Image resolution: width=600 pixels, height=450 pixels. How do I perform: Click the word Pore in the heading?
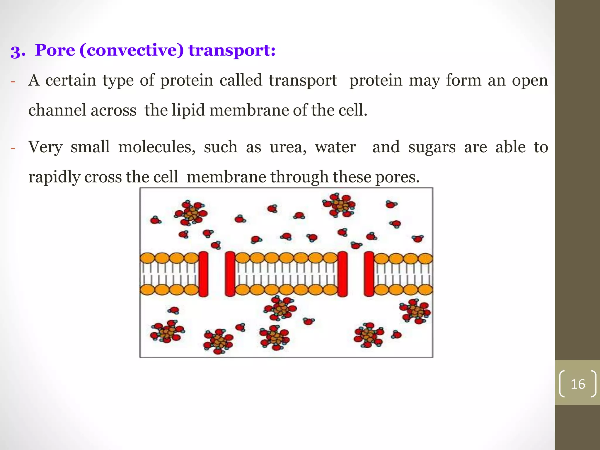55,50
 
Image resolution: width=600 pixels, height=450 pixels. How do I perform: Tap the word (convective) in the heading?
131,50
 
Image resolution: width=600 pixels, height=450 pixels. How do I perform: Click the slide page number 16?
578,384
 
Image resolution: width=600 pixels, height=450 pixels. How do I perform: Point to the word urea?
288,147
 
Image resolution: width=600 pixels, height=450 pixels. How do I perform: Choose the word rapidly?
54,177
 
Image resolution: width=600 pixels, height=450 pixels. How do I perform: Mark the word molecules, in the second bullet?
157,147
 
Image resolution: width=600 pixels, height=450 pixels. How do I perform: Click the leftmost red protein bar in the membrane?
203,274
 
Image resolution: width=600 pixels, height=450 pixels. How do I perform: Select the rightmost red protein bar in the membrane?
369,274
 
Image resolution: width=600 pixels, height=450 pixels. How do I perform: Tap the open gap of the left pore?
217,274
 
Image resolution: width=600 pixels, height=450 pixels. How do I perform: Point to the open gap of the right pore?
356,274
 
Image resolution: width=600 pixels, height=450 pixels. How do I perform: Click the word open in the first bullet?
530,80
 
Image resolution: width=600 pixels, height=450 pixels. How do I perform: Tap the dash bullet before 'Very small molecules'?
13,148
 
